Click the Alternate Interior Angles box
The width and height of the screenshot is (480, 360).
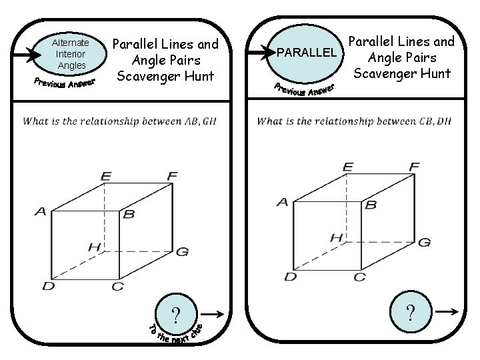click(x=71, y=54)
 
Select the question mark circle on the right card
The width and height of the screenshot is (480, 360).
click(x=411, y=311)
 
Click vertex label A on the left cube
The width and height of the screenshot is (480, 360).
click(x=41, y=211)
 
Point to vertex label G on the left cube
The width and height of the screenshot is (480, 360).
click(x=182, y=251)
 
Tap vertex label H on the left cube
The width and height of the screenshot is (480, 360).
click(x=94, y=247)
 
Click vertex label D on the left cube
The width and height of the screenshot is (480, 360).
click(x=49, y=287)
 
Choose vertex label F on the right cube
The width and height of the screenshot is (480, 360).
click(x=414, y=166)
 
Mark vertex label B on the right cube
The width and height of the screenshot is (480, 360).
click(x=371, y=205)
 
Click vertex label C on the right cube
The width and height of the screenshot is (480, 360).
click(x=359, y=277)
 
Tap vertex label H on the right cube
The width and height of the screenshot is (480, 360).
click(x=337, y=237)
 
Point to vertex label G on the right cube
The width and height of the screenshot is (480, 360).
click(x=424, y=242)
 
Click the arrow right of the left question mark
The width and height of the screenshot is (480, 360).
click(x=213, y=314)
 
